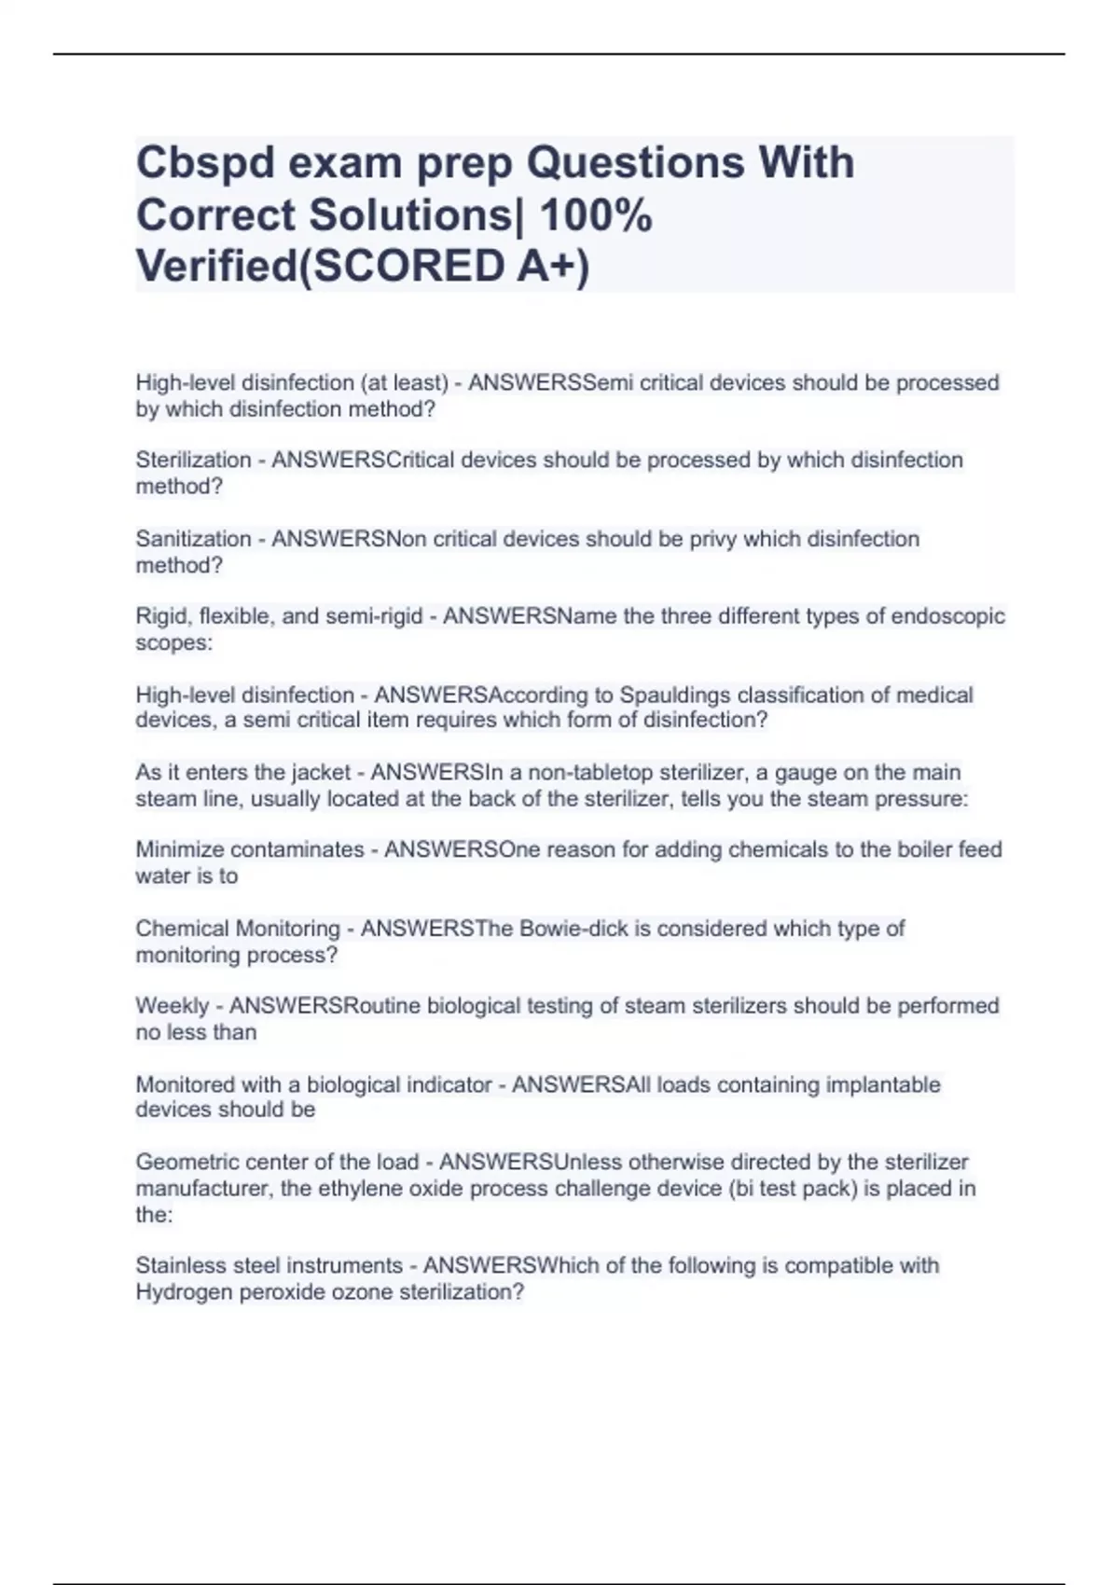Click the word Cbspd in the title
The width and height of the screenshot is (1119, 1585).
pos(205,163)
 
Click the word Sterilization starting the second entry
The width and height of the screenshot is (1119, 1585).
pos(193,460)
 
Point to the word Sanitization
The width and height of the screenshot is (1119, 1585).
pos(193,539)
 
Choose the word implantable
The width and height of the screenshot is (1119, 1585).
pos(875,1084)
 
